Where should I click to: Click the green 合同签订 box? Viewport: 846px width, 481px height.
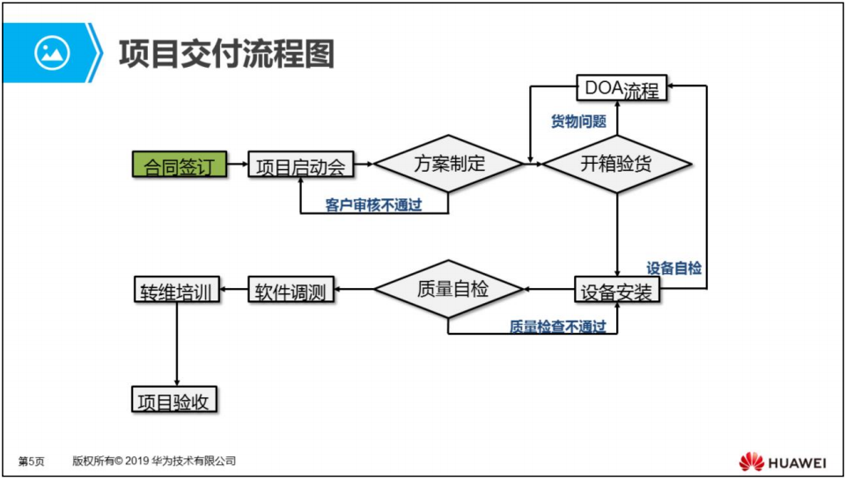click(179, 164)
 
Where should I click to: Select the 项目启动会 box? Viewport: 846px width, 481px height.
click(300, 165)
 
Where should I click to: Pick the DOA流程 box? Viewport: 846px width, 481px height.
click(622, 88)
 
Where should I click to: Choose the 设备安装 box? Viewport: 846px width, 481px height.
click(617, 291)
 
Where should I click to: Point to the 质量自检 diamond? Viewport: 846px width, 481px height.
click(449, 289)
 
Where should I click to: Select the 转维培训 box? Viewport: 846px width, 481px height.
click(177, 291)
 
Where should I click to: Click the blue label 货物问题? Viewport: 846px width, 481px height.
click(578, 122)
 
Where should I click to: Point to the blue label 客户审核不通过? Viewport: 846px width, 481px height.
click(373, 205)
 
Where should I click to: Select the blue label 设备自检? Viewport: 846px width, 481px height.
click(674, 268)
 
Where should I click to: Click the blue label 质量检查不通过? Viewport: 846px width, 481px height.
click(558, 327)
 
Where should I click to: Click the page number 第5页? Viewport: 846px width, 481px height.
click(32, 462)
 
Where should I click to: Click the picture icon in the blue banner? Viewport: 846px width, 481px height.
click(52, 53)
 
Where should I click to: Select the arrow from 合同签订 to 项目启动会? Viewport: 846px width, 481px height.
click(236, 164)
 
